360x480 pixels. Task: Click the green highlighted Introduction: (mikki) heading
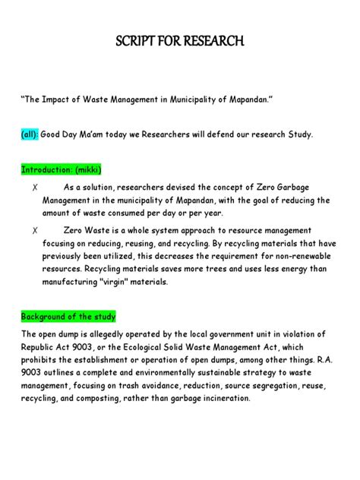61,169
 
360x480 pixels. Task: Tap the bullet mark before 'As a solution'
36,188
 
